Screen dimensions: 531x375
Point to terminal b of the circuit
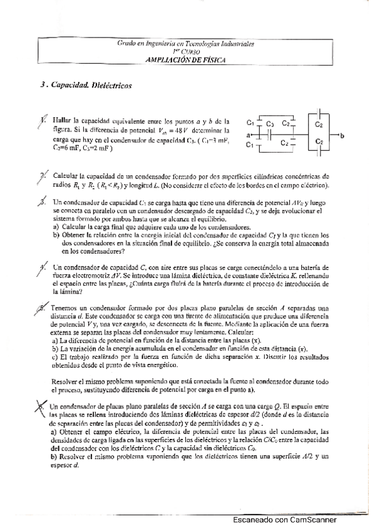click(343, 135)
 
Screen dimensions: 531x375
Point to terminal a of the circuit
click(249, 135)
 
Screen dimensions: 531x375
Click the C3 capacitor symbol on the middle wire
click(270, 134)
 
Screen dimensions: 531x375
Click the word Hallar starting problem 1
click(62, 120)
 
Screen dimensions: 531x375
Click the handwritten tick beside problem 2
click(42, 178)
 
